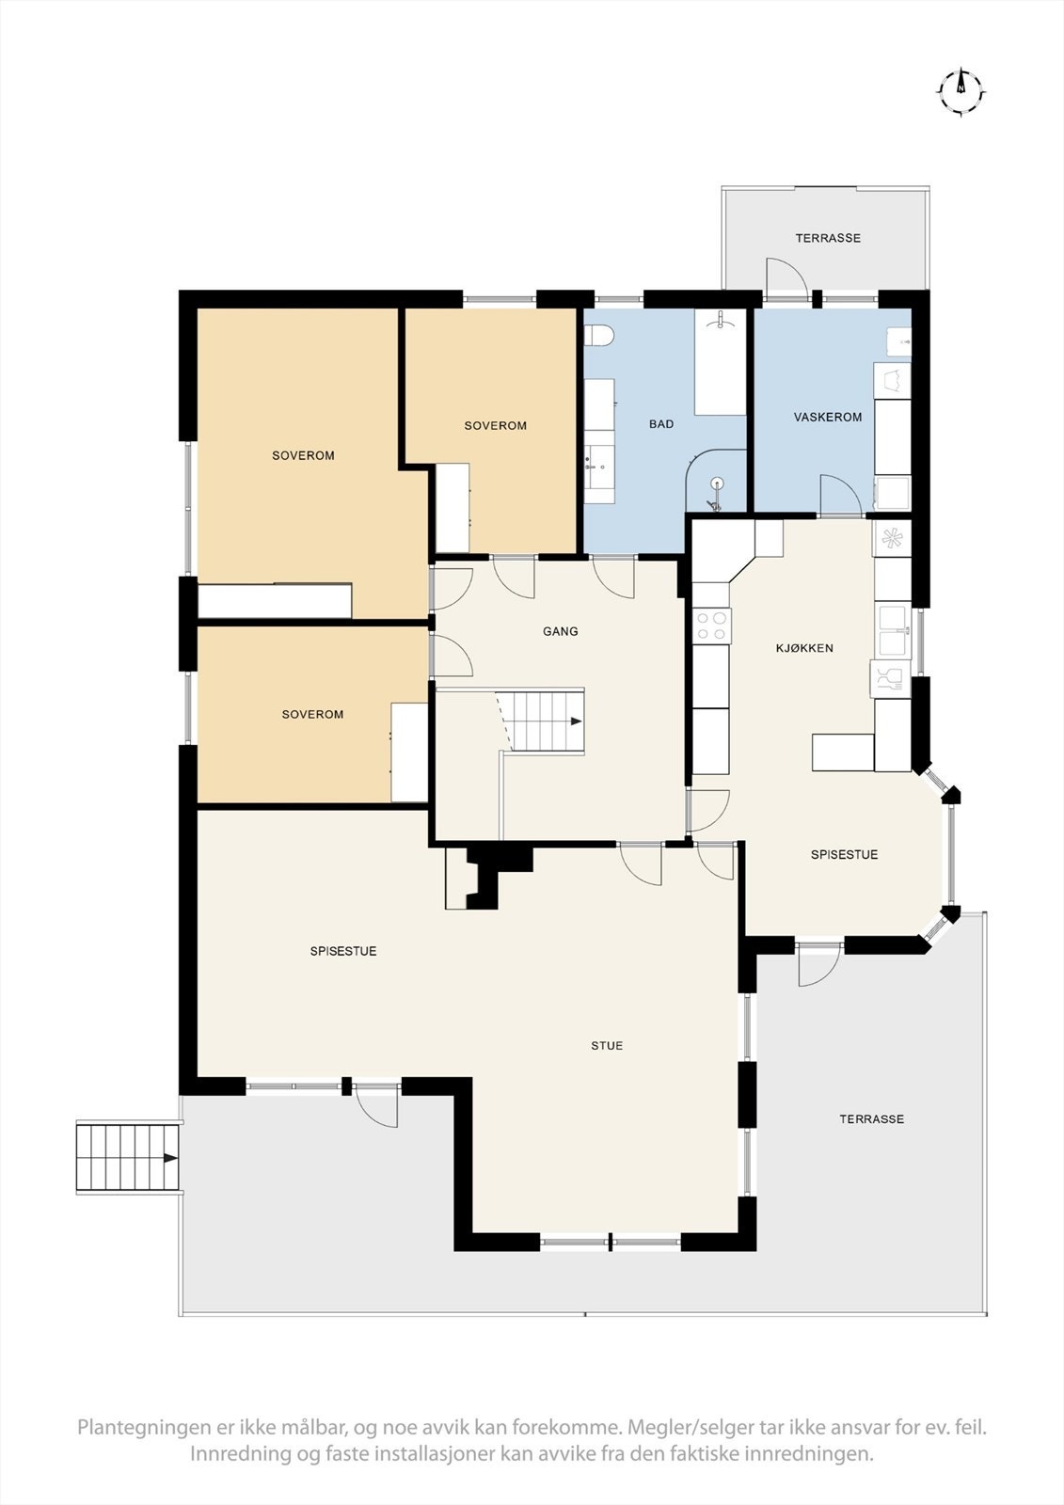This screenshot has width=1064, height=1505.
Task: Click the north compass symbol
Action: pyautogui.click(x=961, y=91)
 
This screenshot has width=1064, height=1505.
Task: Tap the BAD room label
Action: pyautogui.click(x=661, y=424)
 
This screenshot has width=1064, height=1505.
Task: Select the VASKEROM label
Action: pyautogui.click(x=828, y=417)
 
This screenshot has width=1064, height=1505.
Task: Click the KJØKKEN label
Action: pyautogui.click(x=804, y=648)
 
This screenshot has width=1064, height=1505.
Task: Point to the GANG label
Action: pyautogui.click(x=560, y=631)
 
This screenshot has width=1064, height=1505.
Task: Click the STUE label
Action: pyautogui.click(x=607, y=1045)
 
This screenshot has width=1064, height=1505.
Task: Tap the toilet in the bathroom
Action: pyautogui.click(x=599, y=335)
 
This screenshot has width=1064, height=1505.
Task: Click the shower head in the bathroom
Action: pyautogui.click(x=717, y=489)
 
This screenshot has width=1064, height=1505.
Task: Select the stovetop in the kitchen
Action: pyautogui.click(x=712, y=626)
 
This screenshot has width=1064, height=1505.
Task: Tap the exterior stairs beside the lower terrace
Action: pyautogui.click(x=128, y=1158)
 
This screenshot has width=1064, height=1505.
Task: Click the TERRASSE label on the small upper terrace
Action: pyautogui.click(x=828, y=238)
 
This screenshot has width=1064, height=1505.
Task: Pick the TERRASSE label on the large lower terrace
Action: pyautogui.click(x=872, y=1118)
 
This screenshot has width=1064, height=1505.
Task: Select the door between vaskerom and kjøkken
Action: pyautogui.click(x=839, y=497)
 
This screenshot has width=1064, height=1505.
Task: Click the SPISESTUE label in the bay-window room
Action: pyautogui.click(x=844, y=854)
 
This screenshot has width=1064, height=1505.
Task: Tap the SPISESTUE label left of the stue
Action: pyautogui.click(x=343, y=951)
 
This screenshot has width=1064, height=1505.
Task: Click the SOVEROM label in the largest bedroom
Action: pyautogui.click(x=303, y=455)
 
